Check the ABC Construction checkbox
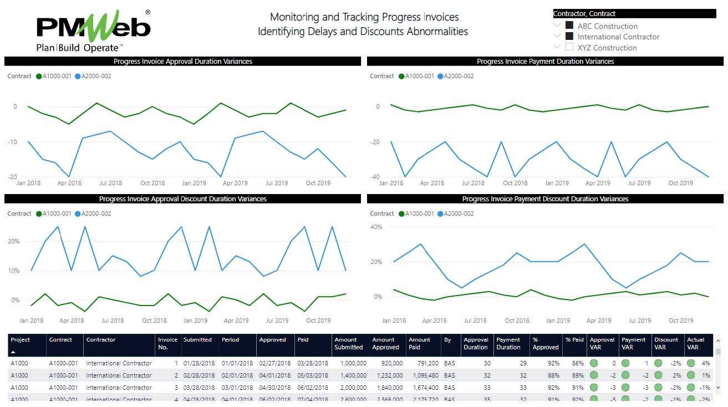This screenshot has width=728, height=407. (569, 26)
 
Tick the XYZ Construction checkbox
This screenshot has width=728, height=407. (569, 47)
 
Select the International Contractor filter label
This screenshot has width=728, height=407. (618, 37)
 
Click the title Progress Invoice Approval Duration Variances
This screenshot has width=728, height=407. (182, 62)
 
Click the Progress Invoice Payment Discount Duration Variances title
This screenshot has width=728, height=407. (545, 199)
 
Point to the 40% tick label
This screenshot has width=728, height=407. (376, 227)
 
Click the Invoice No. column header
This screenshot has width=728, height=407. (167, 343)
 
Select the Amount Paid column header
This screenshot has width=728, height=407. (419, 343)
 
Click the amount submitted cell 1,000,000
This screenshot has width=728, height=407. (350, 364)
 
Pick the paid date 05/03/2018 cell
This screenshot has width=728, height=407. (312, 375)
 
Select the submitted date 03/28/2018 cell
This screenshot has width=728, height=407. (197, 388)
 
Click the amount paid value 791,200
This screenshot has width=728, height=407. (424, 364)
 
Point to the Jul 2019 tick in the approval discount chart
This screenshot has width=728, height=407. (277, 320)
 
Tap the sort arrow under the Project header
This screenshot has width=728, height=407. (13, 352)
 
